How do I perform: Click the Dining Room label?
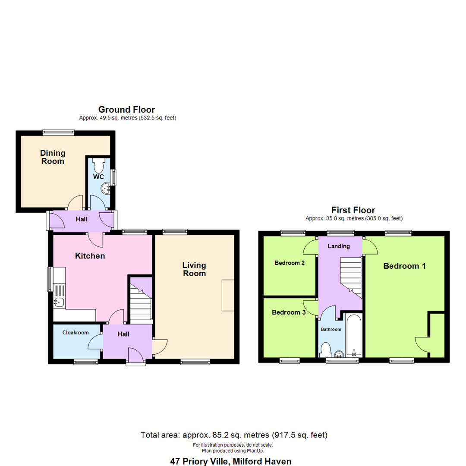(x=53, y=157)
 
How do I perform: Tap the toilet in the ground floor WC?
(x=98, y=165)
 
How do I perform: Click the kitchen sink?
(x=59, y=302)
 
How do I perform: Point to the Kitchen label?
(x=90, y=256)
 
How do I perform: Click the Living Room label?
(x=194, y=269)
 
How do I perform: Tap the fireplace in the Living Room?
(x=228, y=295)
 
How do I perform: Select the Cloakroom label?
(x=76, y=333)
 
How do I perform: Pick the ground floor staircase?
(x=140, y=302)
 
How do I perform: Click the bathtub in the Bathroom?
(x=353, y=336)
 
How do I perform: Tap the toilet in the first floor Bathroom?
(x=325, y=349)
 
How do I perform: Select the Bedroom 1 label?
(x=405, y=266)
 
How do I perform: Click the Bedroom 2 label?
(x=289, y=263)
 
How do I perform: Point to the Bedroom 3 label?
(x=289, y=312)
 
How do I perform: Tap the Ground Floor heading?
(x=126, y=110)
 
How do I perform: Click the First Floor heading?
(x=353, y=210)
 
